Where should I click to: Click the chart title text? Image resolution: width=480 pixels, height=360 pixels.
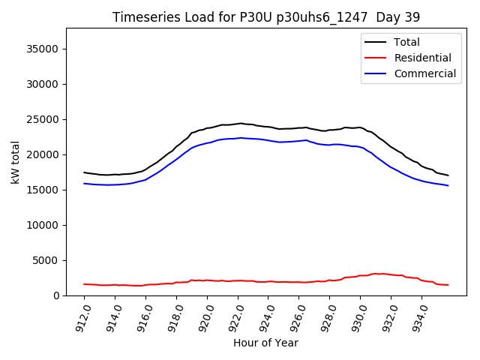266,17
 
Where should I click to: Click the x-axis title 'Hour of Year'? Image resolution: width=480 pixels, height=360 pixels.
265,343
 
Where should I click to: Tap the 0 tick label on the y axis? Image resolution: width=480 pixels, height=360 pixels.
55,295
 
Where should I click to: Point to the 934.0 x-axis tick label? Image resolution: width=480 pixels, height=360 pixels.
419,316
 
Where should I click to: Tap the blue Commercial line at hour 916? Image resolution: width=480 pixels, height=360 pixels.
145,179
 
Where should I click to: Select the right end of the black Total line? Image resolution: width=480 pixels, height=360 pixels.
448,175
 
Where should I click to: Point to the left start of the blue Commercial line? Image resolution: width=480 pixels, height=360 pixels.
84,183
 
